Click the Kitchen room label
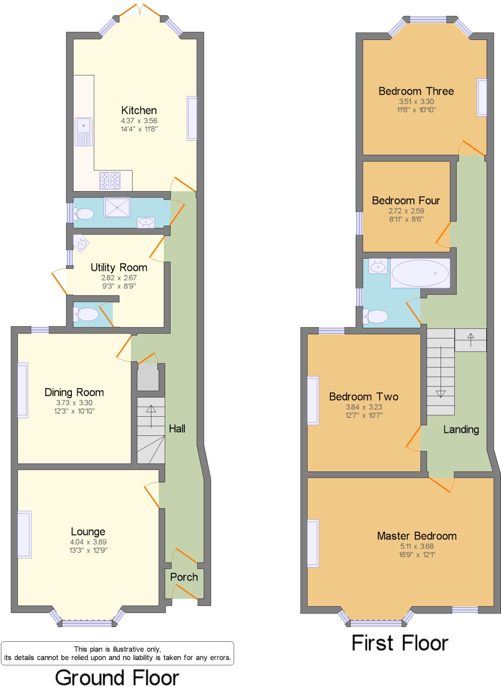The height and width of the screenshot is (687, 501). (x=139, y=110)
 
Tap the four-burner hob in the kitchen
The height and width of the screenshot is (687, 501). (x=110, y=181)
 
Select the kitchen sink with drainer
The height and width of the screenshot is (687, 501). (x=84, y=131)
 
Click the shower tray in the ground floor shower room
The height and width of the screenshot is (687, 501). (x=117, y=208)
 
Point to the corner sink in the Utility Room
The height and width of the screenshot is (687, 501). (x=81, y=243)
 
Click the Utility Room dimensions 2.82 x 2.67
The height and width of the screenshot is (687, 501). (x=119, y=278)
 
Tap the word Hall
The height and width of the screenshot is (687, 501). (x=177, y=428)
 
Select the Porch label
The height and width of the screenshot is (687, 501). (x=184, y=577)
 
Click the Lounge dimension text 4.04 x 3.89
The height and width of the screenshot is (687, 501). (x=88, y=542)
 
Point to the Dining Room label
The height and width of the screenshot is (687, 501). (x=74, y=392)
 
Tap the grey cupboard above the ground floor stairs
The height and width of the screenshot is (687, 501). (x=148, y=378)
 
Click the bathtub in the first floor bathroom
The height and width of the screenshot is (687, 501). (x=420, y=273)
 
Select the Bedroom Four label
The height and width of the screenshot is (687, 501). (x=406, y=200)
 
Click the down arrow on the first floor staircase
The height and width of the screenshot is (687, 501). (x=440, y=393)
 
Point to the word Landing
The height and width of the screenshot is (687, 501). (x=461, y=429)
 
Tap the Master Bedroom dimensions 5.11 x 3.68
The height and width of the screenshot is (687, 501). (x=416, y=546)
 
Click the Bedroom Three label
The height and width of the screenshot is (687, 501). (x=416, y=91)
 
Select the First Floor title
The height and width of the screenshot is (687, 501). (x=400, y=643)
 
